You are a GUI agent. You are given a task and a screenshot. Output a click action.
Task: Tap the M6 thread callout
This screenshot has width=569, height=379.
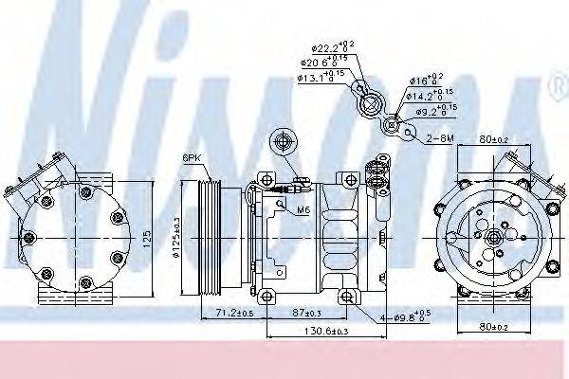303,209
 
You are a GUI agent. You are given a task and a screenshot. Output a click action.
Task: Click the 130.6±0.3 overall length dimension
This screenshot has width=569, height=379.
300,331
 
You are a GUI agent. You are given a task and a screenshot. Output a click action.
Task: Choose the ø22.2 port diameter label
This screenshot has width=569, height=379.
332,46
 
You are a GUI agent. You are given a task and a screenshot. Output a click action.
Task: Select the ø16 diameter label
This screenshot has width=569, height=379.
427,80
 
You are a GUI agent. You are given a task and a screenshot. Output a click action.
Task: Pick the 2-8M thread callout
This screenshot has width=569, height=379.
439,138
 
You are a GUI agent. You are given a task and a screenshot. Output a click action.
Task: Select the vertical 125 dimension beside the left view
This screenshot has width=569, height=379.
145,236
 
